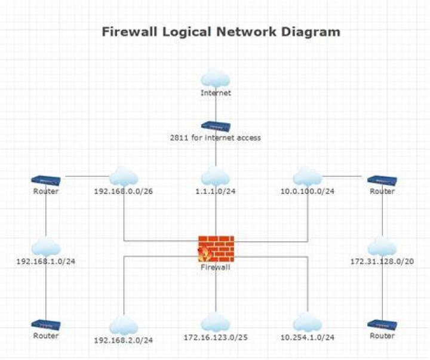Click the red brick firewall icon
pyautogui.click(x=216, y=249)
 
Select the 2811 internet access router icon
pyautogui.click(x=216, y=126)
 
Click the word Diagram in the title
pyautogui.click(x=311, y=32)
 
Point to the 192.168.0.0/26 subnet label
pyautogui.click(x=124, y=192)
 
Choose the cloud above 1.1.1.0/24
pyautogui.click(x=215, y=177)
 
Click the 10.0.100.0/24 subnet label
pyautogui.click(x=308, y=192)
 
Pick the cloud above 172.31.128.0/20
pyautogui.click(x=382, y=246)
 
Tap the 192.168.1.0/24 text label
pyautogui.click(x=46, y=261)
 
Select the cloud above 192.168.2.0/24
pyautogui.click(x=124, y=325)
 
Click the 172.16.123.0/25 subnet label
pyautogui.click(x=216, y=337)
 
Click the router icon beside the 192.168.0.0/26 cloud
pyautogui.click(x=46, y=181)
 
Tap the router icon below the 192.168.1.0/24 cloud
pyautogui.click(x=46, y=325)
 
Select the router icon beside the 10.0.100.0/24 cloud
pyautogui.click(x=382, y=181)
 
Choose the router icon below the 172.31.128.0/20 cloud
pyautogui.click(x=382, y=325)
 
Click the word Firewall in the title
pyautogui.click(x=130, y=32)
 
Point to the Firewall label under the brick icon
pyautogui.click(x=216, y=267)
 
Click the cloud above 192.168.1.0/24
pyautogui.click(x=46, y=246)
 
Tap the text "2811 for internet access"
pyautogui.click(x=215, y=137)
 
